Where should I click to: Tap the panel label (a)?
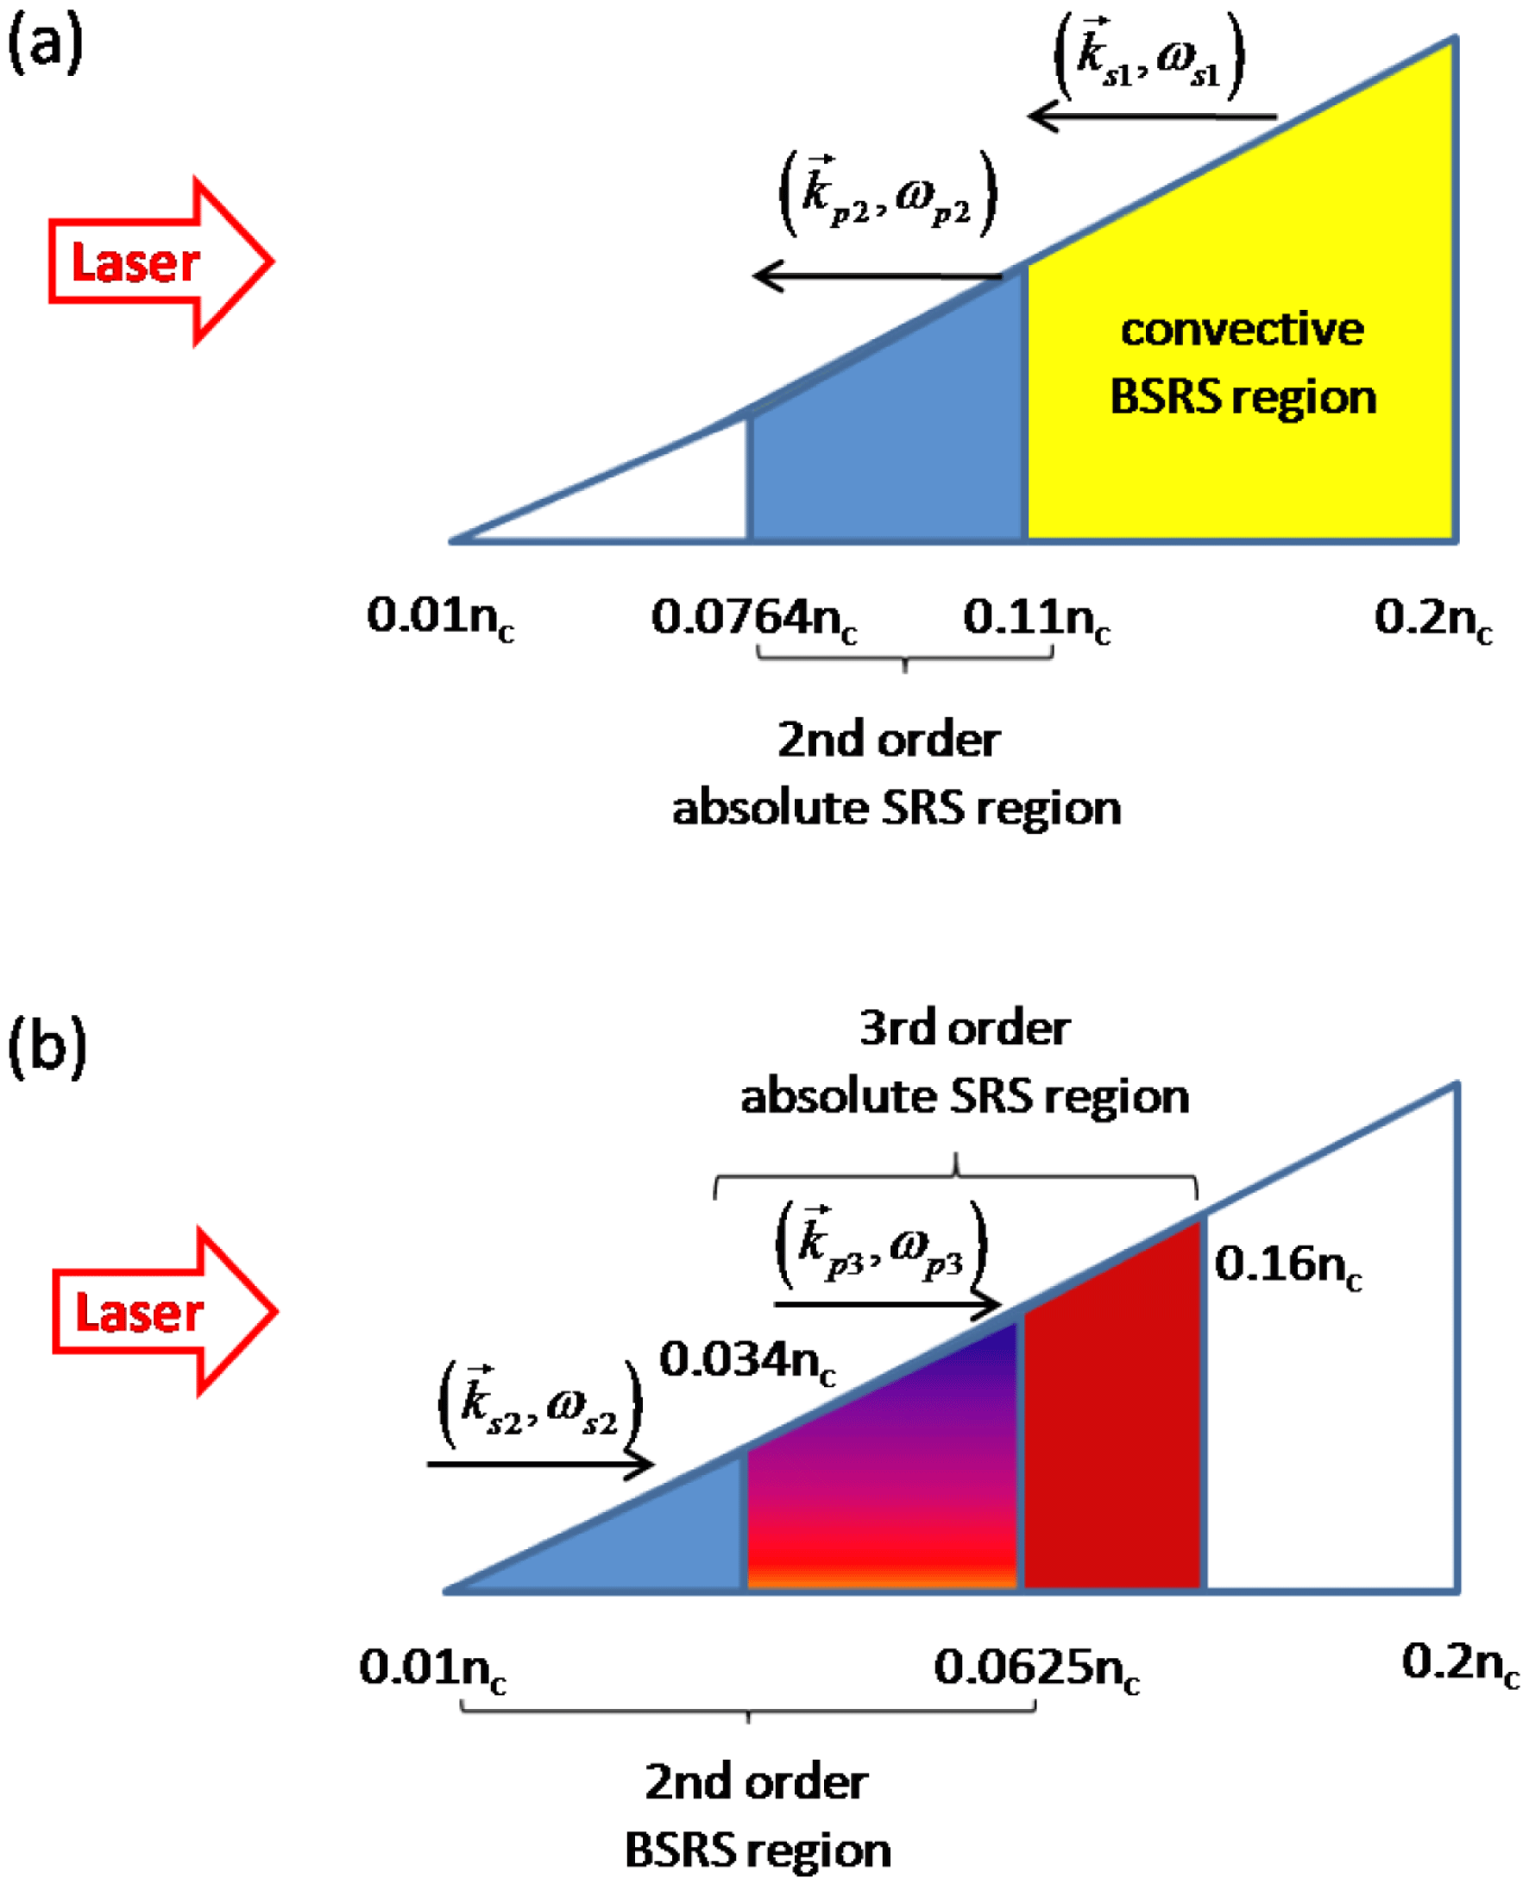tap(45, 44)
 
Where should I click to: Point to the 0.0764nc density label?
tap(754, 617)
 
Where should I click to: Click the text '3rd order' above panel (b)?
tap(965, 1029)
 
